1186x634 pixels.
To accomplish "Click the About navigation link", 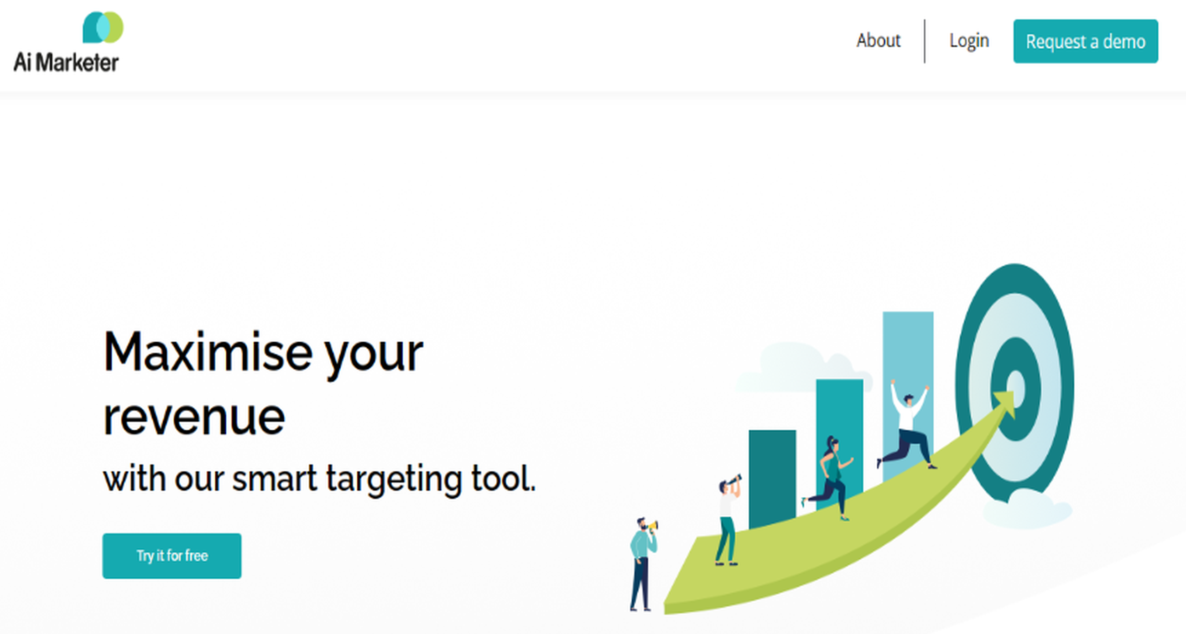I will (x=878, y=41).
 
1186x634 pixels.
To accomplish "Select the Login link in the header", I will (x=969, y=41).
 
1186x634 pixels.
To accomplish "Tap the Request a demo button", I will (x=1085, y=41).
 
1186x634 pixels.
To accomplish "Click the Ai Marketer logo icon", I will (x=103, y=27).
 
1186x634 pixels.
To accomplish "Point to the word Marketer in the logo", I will (x=77, y=62).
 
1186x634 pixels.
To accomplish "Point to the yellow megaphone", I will (x=654, y=525).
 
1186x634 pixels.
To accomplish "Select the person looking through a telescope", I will (x=728, y=520).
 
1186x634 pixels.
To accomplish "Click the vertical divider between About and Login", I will (x=925, y=41).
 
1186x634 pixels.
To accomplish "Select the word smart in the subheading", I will (x=275, y=479).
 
